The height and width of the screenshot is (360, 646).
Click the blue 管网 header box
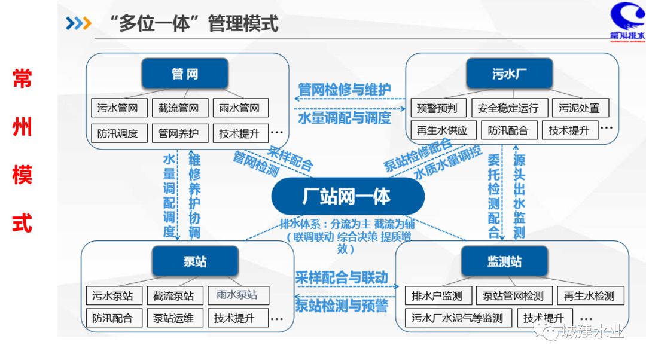[x=185, y=74]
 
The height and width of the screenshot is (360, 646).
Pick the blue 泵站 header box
[x=195, y=261]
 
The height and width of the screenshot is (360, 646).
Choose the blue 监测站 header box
[x=505, y=261]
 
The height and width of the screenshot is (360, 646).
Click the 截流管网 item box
[x=178, y=108]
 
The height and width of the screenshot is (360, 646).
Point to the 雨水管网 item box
[x=239, y=108]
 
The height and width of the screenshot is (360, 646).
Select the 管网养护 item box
[x=178, y=133]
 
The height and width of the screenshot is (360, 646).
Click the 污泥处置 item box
[x=579, y=108]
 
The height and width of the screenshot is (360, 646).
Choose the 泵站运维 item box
[x=174, y=318]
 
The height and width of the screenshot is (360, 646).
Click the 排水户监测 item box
[x=437, y=295]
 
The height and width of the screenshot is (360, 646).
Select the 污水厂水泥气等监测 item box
[x=458, y=318]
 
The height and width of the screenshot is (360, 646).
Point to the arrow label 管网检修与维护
[x=345, y=90]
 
